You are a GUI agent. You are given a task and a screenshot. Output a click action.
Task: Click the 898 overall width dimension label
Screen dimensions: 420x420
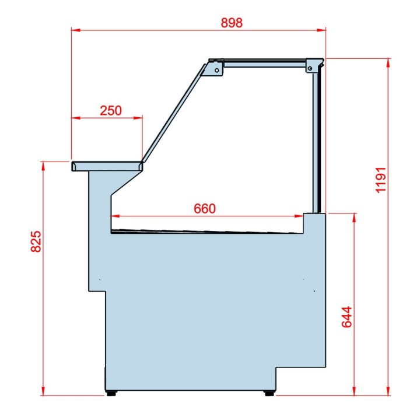point(232,23)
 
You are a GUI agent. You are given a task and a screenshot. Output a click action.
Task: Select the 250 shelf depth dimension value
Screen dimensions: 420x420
point(110,110)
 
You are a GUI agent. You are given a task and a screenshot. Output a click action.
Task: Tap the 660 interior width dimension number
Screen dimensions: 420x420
point(205,208)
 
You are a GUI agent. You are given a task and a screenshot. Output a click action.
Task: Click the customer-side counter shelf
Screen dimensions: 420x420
point(107,166)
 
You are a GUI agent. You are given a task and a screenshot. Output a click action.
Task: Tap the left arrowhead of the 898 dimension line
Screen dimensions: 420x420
point(75,29)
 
